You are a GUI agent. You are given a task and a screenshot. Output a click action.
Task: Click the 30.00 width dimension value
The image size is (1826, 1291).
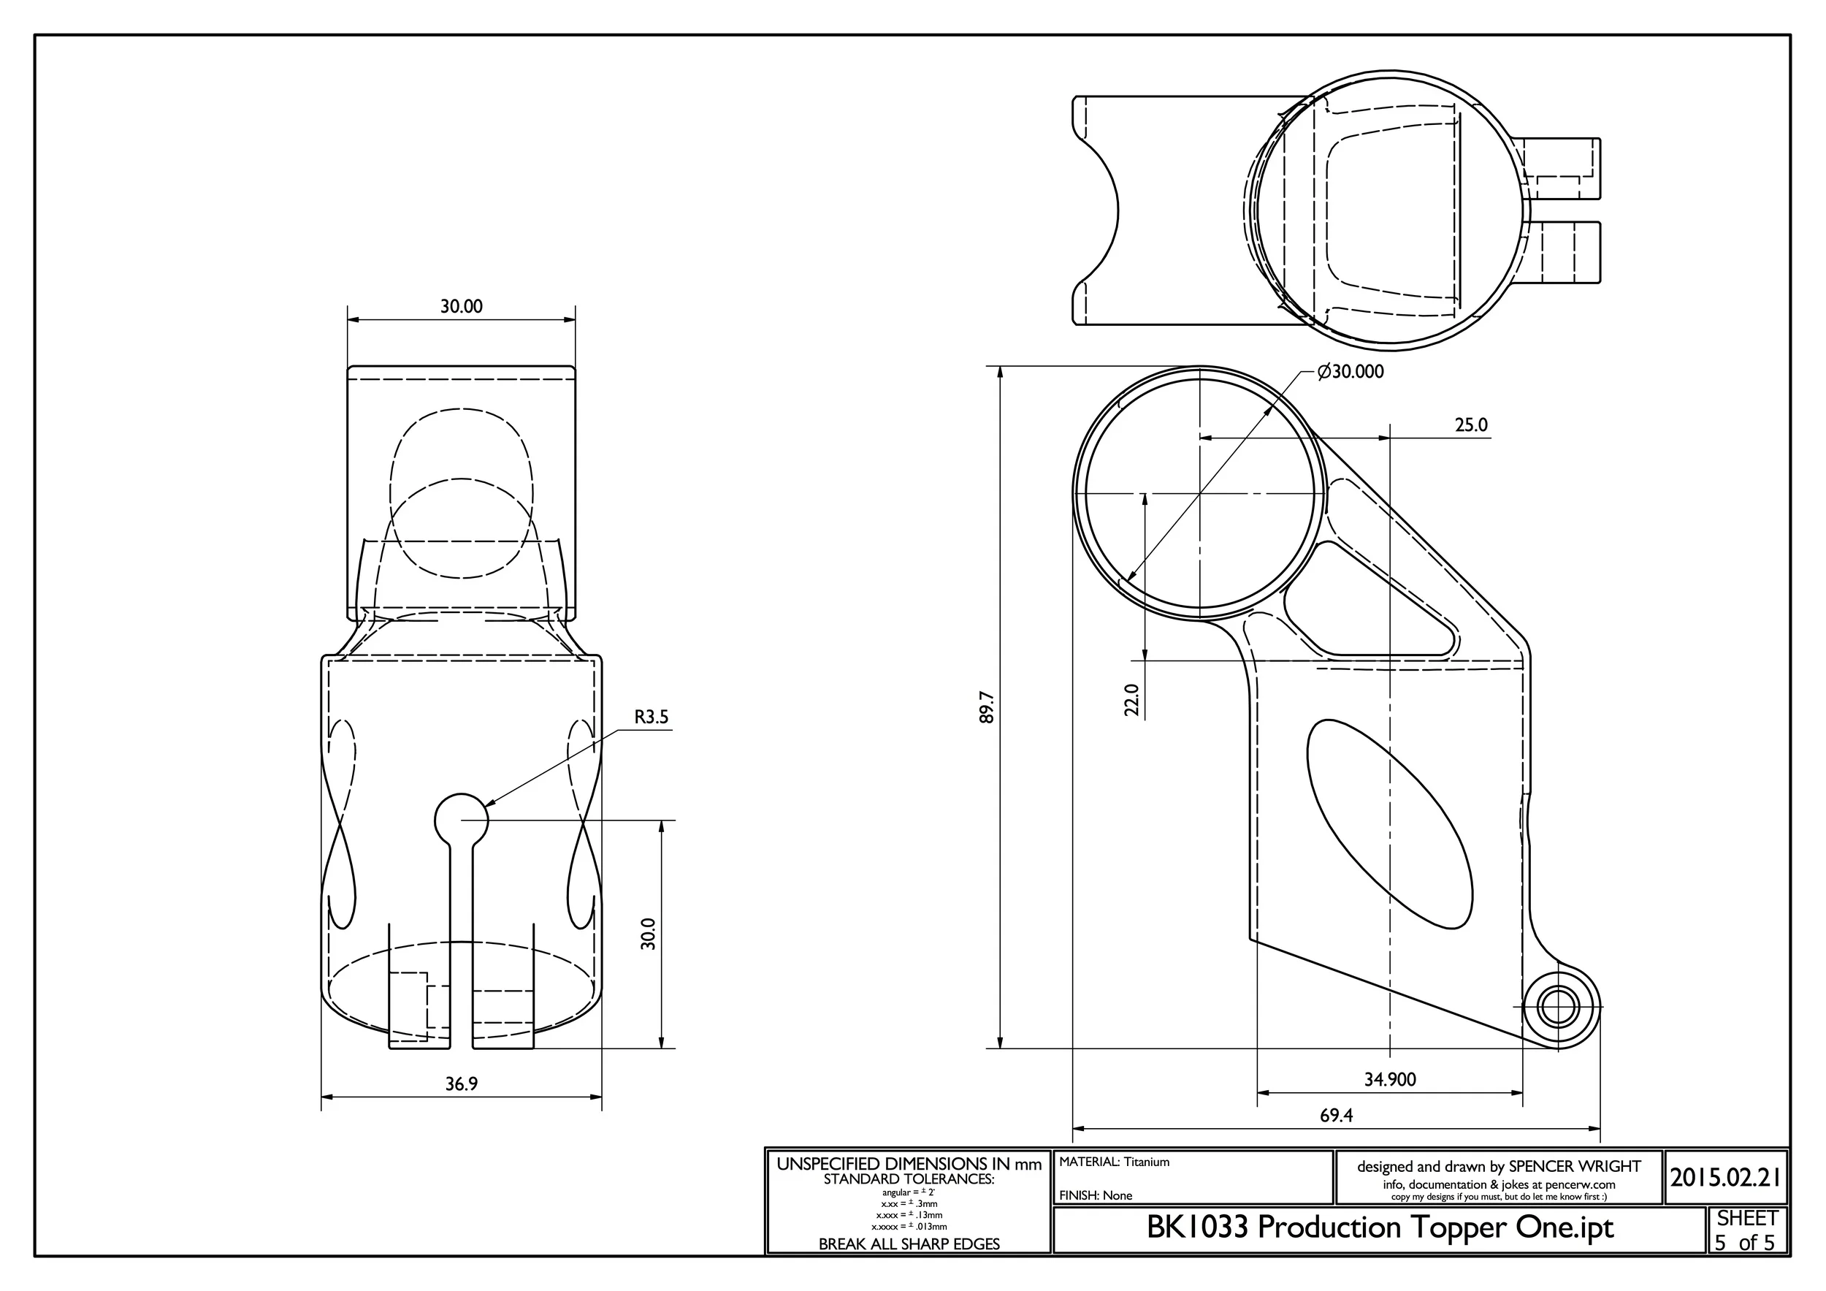[x=462, y=306]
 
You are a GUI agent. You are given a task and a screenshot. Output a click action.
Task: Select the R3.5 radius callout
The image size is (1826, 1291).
[x=652, y=717]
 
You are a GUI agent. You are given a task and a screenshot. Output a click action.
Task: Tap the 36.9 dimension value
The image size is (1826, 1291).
[x=462, y=1084]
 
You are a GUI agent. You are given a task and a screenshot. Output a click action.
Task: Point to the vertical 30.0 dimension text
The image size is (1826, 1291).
[x=648, y=933]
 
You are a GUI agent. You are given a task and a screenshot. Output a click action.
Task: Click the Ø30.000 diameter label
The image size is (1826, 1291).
[x=1350, y=371]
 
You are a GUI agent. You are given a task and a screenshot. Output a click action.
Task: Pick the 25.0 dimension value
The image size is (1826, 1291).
[x=1470, y=424]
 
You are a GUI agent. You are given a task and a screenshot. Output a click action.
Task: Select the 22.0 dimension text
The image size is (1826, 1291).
[x=1131, y=700]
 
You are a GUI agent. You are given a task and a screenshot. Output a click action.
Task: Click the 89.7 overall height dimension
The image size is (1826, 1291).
[x=987, y=707]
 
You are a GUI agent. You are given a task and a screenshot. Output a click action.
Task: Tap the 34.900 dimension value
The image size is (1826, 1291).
[x=1390, y=1079]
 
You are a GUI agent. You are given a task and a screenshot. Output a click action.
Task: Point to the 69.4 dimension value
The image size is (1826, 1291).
[x=1336, y=1115]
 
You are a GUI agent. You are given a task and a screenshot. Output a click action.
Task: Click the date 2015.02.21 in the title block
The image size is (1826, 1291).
[x=1725, y=1177]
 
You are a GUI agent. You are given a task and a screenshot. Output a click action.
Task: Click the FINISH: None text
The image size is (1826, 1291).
[x=1095, y=1195]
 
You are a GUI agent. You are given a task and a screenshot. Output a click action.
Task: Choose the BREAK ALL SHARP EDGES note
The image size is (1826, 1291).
[x=909, y=1244]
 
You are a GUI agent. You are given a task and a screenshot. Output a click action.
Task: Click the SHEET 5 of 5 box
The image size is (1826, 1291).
[x=1746, y=1230]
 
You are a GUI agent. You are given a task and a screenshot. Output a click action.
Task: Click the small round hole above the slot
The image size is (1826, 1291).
[x=462, y=819]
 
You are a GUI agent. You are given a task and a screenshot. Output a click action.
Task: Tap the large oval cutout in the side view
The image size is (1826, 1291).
[x=1389, y=824]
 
